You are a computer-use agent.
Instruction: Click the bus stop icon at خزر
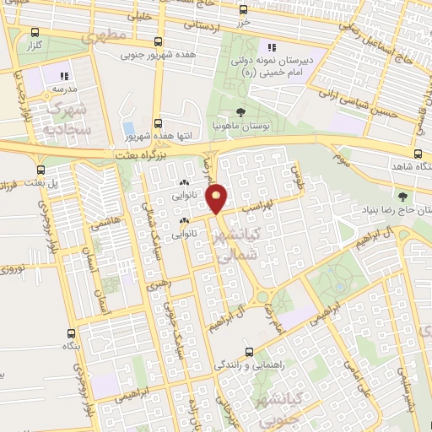[244, 10]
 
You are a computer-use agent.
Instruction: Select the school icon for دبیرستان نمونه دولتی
[272, 48]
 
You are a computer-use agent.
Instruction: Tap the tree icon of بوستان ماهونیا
[242, 111]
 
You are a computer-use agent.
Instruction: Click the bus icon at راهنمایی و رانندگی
[247, 353]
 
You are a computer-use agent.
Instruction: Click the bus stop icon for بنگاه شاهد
[420, 154]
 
